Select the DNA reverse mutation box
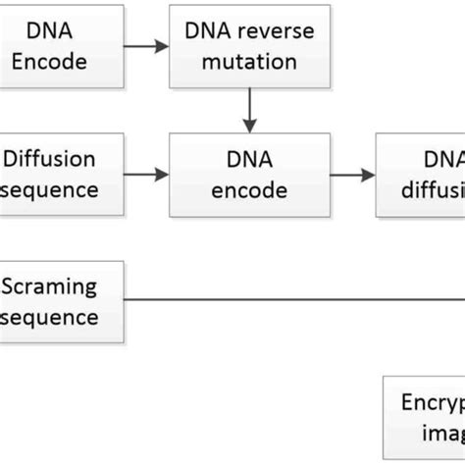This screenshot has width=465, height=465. [249, 45]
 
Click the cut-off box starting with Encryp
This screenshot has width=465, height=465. [423, 417]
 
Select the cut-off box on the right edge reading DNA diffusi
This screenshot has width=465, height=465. [422, 175]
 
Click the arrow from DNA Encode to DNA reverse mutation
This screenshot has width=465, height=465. [146, 45]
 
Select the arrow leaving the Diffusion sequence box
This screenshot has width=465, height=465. [146, 175]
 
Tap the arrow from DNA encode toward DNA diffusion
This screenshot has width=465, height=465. [352, 175]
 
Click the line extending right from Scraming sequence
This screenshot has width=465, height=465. [294, 300]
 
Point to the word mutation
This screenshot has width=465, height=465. [249, 61]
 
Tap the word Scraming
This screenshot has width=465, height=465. [50, 286]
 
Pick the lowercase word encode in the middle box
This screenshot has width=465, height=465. [249, 190]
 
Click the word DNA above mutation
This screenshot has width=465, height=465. [204, 31]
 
